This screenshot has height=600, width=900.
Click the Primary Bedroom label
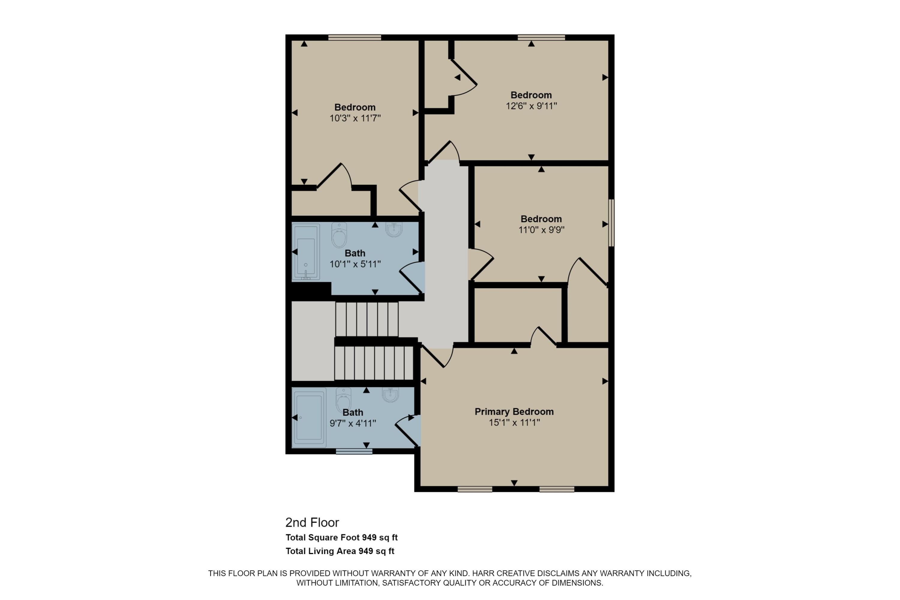514,411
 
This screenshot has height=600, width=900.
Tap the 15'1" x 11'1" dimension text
514,422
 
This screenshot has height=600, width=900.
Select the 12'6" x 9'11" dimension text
531,106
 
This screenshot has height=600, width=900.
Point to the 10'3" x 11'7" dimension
355,118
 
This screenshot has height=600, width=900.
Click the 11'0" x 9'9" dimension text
541,229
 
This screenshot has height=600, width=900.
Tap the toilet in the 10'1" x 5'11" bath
339,235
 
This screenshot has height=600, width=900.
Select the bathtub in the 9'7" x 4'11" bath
309,418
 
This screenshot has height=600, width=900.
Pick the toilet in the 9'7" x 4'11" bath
343,400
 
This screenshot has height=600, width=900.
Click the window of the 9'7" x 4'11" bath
354,451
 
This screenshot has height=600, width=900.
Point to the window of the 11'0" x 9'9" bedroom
611,223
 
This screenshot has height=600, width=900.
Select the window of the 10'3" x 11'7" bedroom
355,37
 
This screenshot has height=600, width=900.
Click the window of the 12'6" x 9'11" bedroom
541,37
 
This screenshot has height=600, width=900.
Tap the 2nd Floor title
312,522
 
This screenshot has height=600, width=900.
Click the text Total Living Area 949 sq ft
340,551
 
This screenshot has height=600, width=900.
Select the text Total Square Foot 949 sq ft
342,537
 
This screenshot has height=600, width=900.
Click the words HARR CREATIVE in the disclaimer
503,573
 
